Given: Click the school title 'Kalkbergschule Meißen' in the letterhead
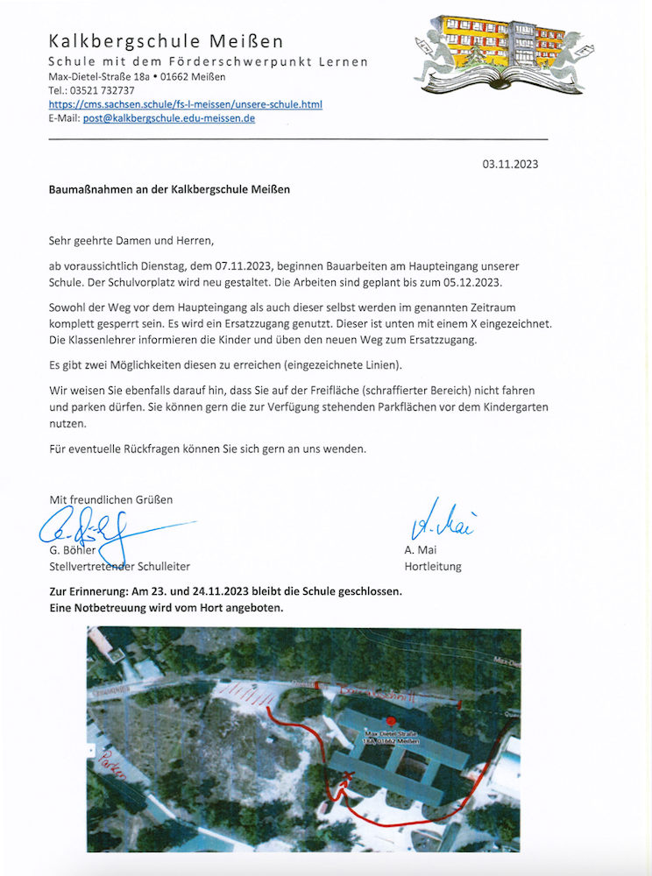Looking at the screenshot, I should [166, 41].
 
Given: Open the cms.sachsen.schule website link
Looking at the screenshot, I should [185, 104].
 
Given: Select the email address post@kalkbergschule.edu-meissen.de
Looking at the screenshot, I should [169, 118].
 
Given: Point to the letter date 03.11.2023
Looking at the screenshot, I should [510, 164].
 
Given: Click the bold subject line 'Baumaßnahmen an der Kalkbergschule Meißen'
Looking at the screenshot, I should [169, 188].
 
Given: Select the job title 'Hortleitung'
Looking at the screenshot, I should [433, 567].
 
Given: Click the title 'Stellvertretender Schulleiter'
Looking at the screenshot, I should [119, 567].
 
